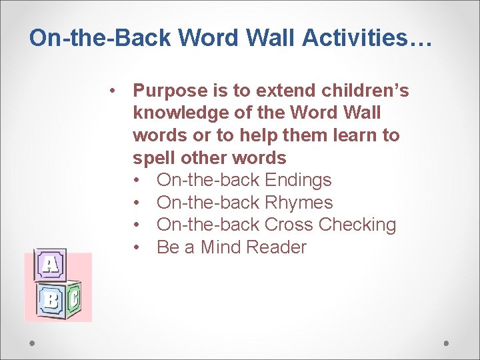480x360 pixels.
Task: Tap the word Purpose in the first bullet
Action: tap(170, 90)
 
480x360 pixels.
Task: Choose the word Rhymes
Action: tap(299, 203)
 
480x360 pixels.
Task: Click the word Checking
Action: tap(357, 225)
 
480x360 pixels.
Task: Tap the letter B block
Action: tap(50, 300)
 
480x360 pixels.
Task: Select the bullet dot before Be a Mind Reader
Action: tap(137, 247)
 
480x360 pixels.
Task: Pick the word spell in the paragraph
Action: tap(153, 158)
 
